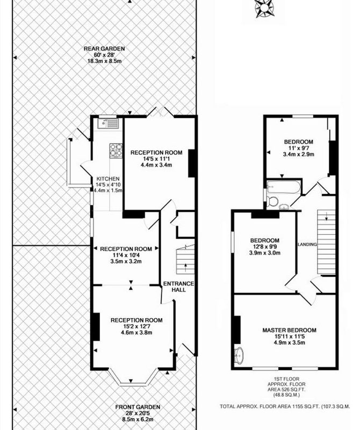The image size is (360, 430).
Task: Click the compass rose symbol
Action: pos(263,8)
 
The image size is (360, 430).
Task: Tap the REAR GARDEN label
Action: pos(104,49)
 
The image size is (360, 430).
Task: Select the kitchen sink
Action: pos(108,124)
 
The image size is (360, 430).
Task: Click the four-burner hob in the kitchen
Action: pos(116,150)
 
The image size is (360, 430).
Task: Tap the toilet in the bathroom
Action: pos(271,202)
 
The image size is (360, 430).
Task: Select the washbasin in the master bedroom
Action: pos(239,356)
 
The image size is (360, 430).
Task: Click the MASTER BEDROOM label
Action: pos(289,330)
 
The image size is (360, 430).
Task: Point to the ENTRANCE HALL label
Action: pos(178,286)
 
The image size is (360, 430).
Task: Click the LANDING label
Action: pos(307,245)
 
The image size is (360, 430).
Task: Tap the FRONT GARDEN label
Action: pos(138,407)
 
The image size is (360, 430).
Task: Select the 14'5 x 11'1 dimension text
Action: pos(156,159)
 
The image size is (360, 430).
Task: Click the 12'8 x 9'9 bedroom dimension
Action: pos(264,247)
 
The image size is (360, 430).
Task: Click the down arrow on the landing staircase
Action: pos(326,217)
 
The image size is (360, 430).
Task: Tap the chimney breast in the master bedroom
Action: pos(237,330)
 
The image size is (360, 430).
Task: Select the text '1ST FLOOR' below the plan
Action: pos(286,379)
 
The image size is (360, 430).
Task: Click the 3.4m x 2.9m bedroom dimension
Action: pos(299,154)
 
